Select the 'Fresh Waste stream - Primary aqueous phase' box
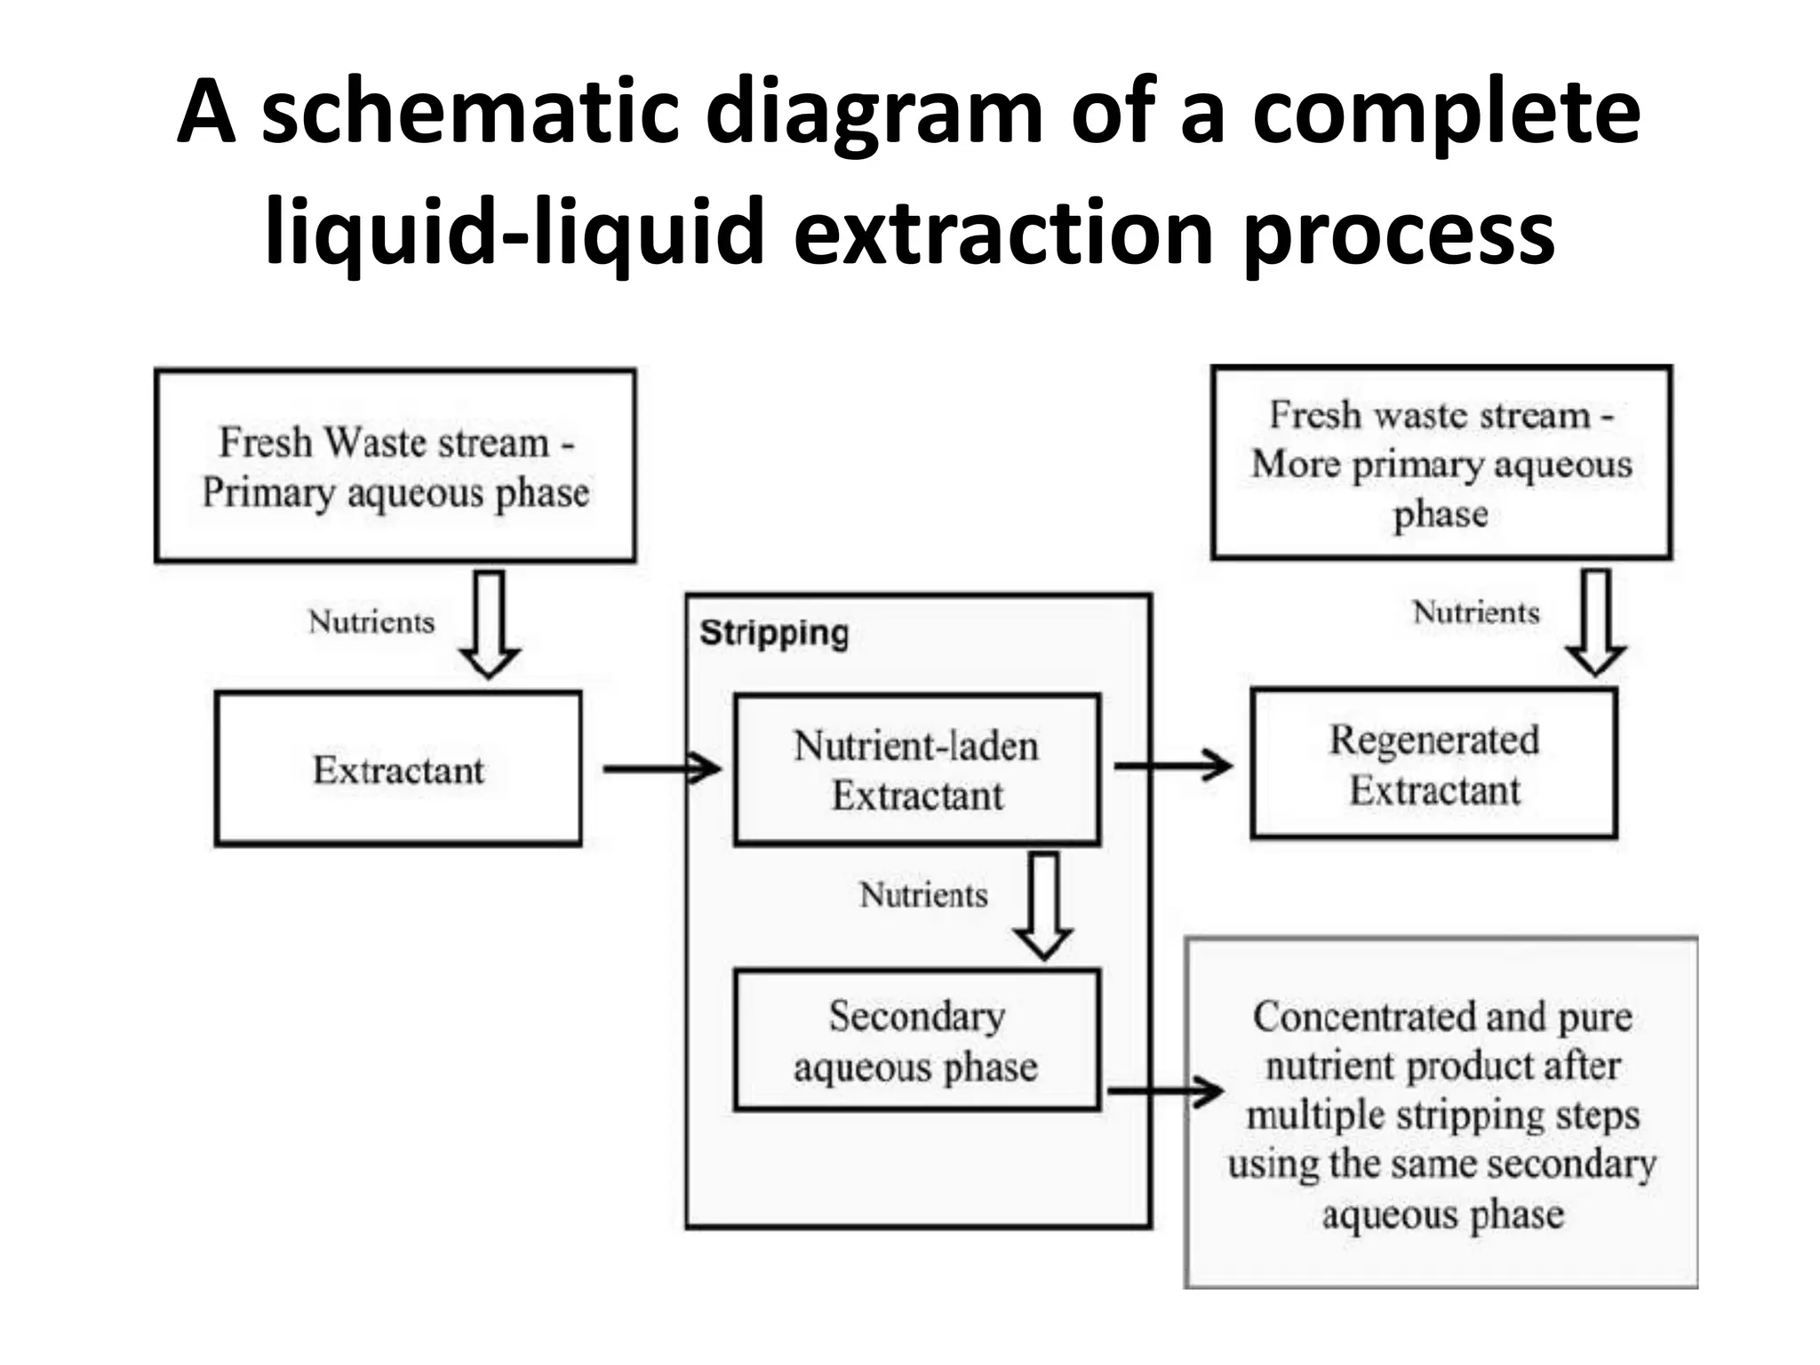(x=395, y=466)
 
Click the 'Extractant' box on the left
(x=397, y=769)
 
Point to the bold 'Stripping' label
(x=774, y=634)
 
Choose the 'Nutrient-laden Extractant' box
(x=916, y=770)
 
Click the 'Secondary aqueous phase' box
(x=916, y=1040)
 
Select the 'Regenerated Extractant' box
(x=1433, y=764)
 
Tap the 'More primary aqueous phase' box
(x=1441, y=463)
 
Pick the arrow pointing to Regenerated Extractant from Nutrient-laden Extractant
(x=1172, y=764)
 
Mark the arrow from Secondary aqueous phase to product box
(x=1165, y=1091)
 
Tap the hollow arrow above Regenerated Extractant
(x=1596, y=622)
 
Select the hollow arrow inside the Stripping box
(x=1042, y=906)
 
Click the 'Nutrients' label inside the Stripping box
(x=923, y=895)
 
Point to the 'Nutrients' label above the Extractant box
(x=371, y=622)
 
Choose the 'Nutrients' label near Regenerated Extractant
(x=1476, y=612)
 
